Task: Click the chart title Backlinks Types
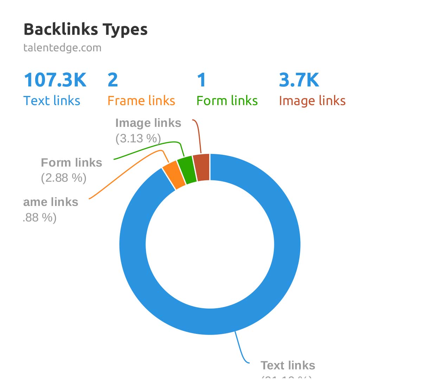pyautogui.click(x=85, y=30)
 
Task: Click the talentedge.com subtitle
pyautogui.click(x=62, y=47)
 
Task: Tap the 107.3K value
pyautogui.click(x=55, y=80)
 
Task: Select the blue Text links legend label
pyautogui.click(x=52, y=101)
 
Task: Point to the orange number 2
pyautogui.click(x=113, y=80)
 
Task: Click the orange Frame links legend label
pyautogui.click(x=141, y=101)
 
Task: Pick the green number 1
pyautogui.click(x=201, y=80)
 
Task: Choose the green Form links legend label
pyautogui.click(x=227, y=101)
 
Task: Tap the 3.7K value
pyautogui.click(x=299, y=80)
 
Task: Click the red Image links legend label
pyautogui.click(x=312, y=101)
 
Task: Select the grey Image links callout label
pyautogui.click(x=148, y=123)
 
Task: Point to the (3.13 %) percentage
pyautogui.click(x=138, y=138)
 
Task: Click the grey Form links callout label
pyautogui.click(x=71, y=163)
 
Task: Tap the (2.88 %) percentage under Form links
pyautogui.click(x=64, y=178)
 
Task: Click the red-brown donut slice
pyautogui.click(x=202, y=168)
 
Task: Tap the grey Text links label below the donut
pyautogui.click(x=288, y=366)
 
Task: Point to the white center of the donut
pyautogui.click(x=210, y=245)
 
